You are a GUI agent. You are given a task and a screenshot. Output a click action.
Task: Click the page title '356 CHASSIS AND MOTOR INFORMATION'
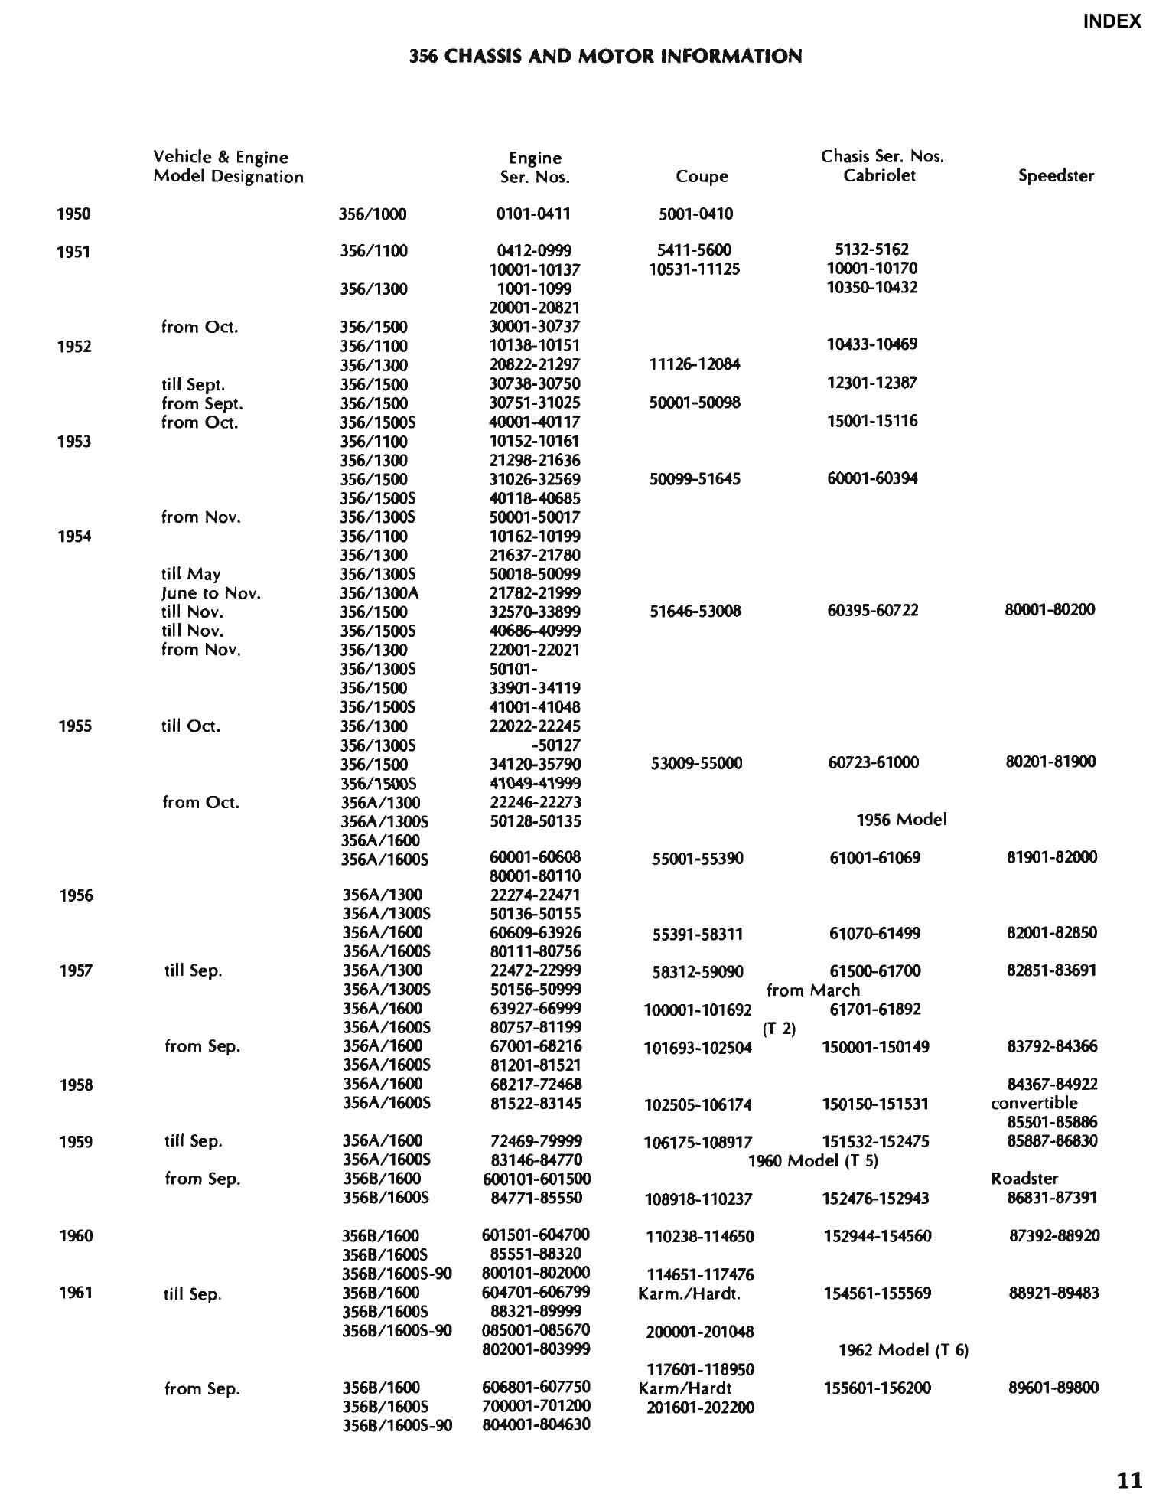coord(605,56)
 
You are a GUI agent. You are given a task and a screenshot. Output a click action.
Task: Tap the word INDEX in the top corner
coord(1112,21)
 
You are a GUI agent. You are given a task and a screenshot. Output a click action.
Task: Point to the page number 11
coord(1129,1480)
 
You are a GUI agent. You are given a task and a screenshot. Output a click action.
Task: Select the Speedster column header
coord(1056,176)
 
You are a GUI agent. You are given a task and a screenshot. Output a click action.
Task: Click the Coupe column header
coord(702,177)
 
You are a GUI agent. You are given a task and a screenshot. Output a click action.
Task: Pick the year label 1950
coord(73,214)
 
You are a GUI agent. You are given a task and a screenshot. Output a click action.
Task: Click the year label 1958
coord(76,1085)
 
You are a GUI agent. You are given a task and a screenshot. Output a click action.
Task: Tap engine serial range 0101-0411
coord(533,214)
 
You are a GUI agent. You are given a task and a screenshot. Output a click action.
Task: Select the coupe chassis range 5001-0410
coord(695,214)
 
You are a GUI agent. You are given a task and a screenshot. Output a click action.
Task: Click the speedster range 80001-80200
coord(1050,610)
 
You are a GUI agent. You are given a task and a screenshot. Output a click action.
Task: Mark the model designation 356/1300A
coord(379,593)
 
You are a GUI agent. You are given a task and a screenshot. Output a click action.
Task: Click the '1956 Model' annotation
coord(901,820)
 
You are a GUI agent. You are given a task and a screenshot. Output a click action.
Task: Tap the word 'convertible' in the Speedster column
coord(1034,1104)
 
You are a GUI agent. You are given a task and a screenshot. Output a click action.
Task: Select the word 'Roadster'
coord(1024,1179)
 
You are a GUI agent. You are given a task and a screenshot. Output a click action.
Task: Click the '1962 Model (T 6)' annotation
coord(904,1350)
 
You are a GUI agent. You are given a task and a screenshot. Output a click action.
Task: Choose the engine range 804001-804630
coord(536,1425)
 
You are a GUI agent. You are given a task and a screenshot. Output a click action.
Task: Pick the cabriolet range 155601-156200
coord(878,1388)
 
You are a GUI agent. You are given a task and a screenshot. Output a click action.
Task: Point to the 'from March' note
coord(812,990)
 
